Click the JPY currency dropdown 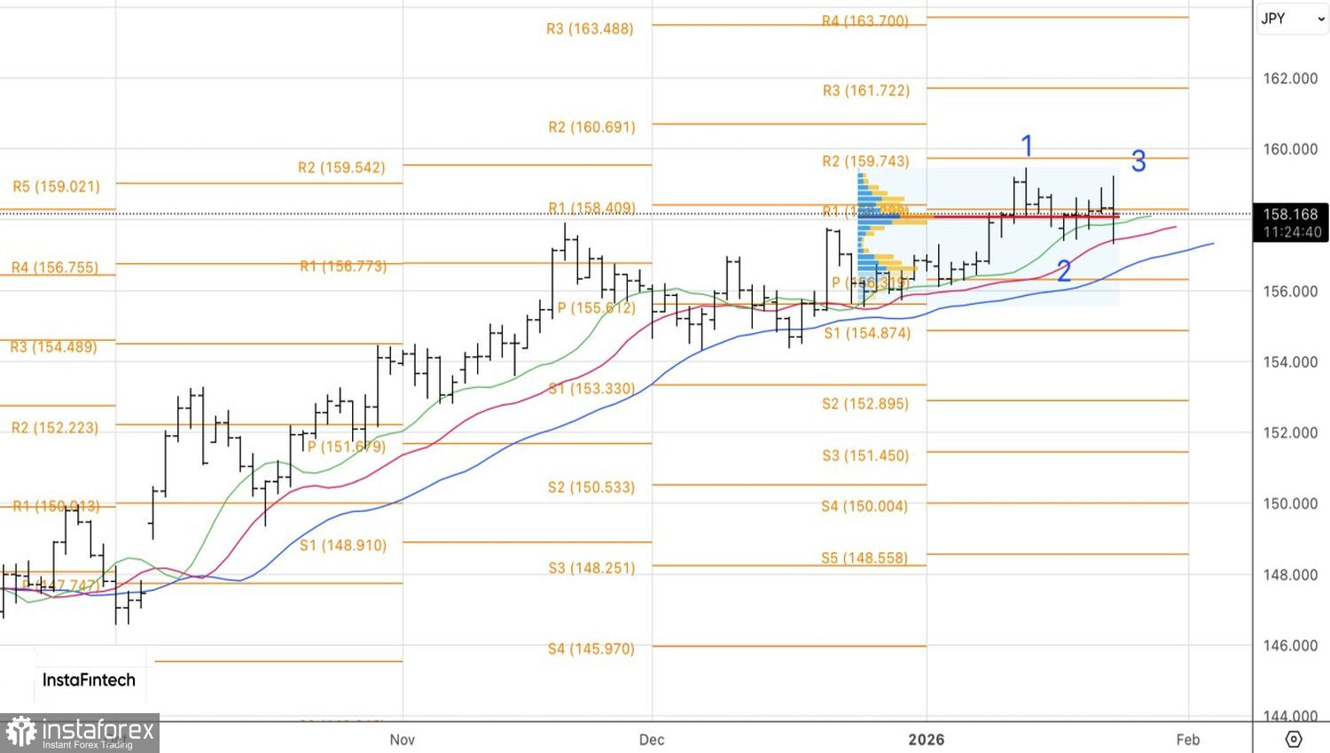coord(1291,19)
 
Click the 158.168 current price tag coord(1291,214)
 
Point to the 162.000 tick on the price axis coord(1290,79)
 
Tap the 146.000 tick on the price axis coord(1290,646)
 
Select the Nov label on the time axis coord(403,740)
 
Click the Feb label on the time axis coord(1188,740)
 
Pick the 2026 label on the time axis coord(927,740)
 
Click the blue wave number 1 coord(1027,145)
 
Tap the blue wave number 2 coord(1064,271)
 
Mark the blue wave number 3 coord(1138,161)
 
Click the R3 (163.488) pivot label coord(590,29)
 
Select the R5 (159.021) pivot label coord(57,187)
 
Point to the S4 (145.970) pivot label coord(591,649)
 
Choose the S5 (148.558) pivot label coord(864,558)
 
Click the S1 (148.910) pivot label coord(343,546)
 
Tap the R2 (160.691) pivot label coord(591,128)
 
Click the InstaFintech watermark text coord(89,680)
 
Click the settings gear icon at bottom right coord(1293,739)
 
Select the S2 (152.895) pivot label coord(864,404)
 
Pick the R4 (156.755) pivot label coord(55,268)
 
